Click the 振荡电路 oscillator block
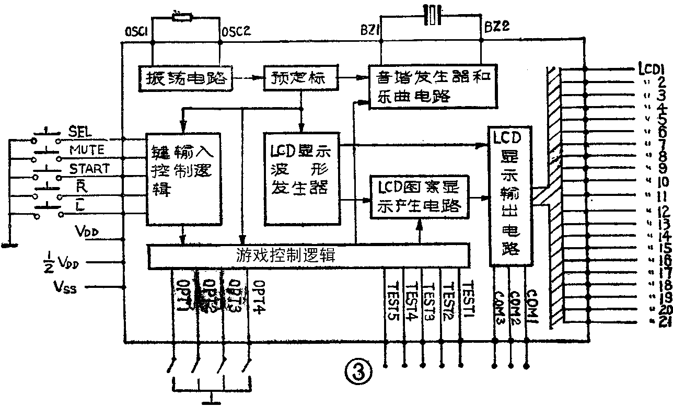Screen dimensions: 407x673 (x=185, y=78)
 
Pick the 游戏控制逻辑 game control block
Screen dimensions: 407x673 (x=309, y=256)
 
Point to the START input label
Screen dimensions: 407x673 (x=89, y=169)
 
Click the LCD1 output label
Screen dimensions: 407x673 (x=650, y=68)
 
